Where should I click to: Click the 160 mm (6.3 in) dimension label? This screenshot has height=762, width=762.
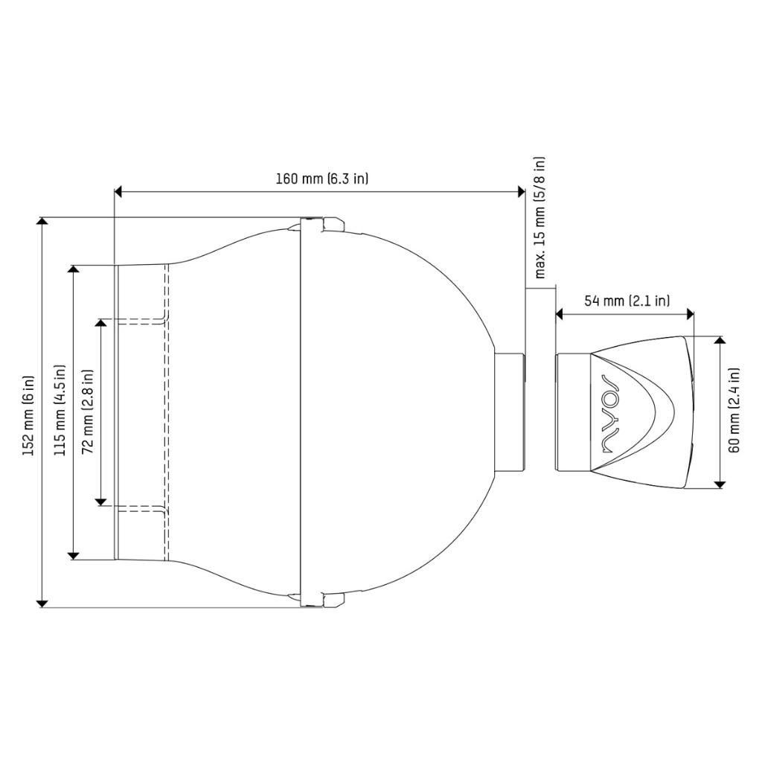pos(321,179)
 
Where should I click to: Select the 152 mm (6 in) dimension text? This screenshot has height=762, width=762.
pos(29,415)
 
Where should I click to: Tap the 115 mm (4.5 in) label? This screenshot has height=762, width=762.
pos(60,411)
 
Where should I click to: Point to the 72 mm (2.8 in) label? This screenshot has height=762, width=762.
pos(88,412)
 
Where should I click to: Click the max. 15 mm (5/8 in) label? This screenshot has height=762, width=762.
pos(540,217)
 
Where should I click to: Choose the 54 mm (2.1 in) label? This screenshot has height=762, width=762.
pos(627,301)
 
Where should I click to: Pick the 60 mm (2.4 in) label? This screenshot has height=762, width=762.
pos(734,411)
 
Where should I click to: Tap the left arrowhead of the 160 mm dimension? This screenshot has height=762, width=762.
pos(118,192)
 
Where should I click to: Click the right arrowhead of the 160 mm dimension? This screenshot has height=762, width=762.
pos(521,192)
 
